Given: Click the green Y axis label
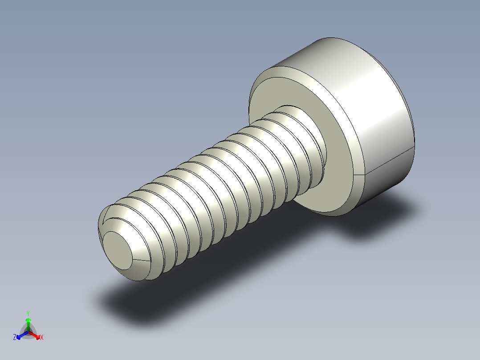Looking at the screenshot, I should [x=28, y=313].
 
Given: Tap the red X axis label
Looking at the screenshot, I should [x=42, y=338].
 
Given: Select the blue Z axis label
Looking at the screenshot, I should [x=15, y=338].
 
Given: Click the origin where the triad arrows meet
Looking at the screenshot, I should [x=28, y=332].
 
